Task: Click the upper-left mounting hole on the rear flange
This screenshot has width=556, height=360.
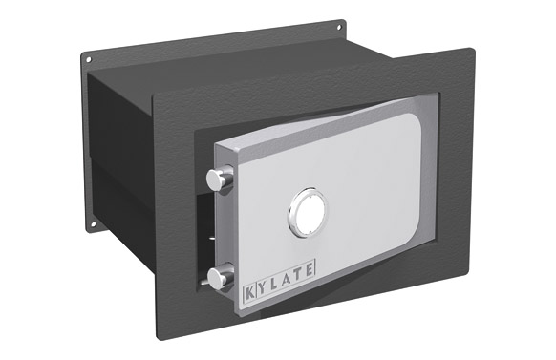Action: tap(89, 60)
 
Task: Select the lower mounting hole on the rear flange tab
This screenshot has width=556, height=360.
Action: tap(93, 227)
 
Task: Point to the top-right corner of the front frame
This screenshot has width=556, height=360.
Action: tap(471, 50)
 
